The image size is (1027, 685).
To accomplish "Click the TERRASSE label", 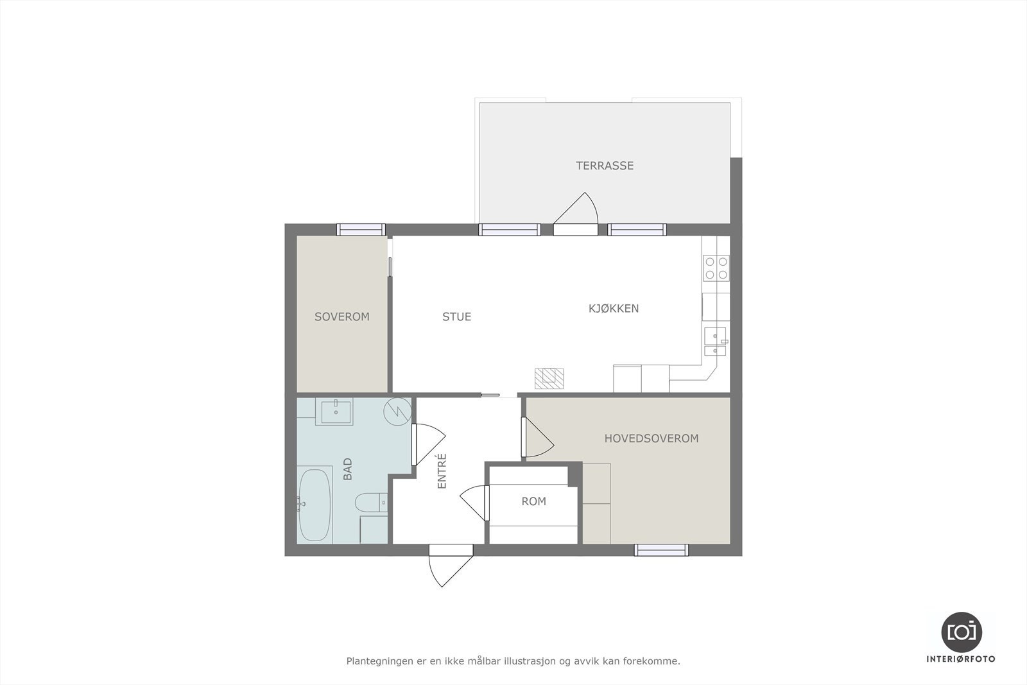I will (604, 166).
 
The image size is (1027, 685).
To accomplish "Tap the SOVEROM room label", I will (341, 316).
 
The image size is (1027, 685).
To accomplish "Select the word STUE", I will (456, 316).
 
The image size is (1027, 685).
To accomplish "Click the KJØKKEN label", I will (614, 308).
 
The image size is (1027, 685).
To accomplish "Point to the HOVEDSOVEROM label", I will (651, 438).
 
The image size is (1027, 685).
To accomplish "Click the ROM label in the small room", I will (533, 501).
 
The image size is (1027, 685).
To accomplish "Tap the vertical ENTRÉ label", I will (442, 472).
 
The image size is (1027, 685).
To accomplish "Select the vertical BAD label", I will (348, 469).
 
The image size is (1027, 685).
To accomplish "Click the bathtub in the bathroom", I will (315, 505).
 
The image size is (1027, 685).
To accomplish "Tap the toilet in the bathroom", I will (370, 503).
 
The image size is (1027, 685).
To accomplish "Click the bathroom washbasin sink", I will (335, 412).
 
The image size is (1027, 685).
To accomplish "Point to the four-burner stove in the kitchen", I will (716, 268).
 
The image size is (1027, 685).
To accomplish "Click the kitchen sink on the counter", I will (715, 341).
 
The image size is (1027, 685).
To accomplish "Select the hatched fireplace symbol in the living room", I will (551, 378).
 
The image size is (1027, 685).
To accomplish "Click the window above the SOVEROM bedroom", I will (361, 229).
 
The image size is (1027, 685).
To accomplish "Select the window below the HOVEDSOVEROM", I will (661, 550).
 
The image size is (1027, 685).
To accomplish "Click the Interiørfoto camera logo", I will (961, 632).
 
